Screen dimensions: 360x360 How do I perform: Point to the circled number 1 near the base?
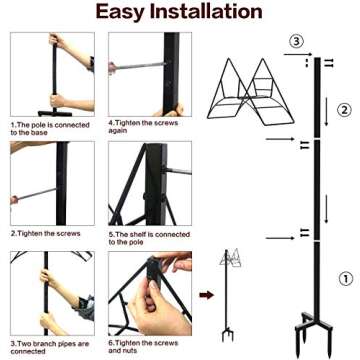[343, 279]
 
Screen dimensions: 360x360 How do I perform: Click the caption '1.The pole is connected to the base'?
[46, 128]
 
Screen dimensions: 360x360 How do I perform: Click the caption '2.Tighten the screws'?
[40, 232]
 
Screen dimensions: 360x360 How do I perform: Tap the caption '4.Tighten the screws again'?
[138, 128]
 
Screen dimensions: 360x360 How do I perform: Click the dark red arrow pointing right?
[206, 297]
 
